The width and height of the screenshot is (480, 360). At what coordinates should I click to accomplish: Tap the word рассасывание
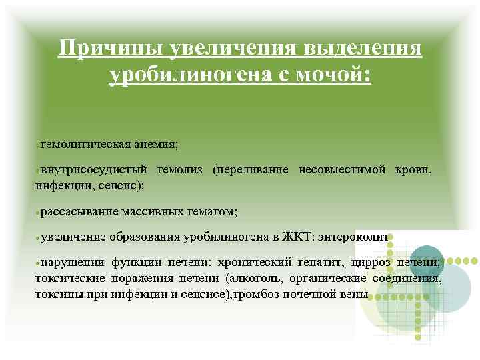(x=79, y=211)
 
